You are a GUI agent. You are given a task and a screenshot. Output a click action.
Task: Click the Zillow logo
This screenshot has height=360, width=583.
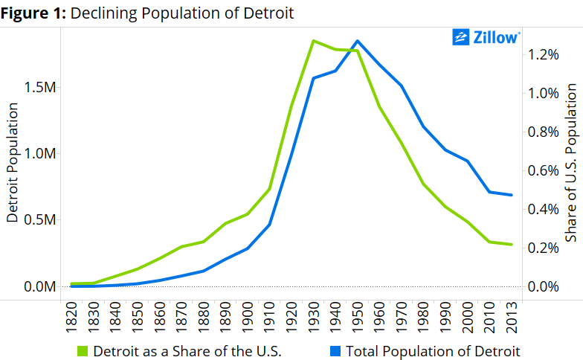[x=486, y=37]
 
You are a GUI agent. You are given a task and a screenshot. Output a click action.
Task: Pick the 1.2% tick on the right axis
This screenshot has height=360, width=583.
[x=544, y=54]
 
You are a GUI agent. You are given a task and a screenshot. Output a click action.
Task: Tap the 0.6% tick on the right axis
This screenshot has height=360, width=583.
[x=544, y=170]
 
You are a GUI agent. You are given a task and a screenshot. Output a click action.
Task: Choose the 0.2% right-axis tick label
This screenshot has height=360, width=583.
[x=544, y=248]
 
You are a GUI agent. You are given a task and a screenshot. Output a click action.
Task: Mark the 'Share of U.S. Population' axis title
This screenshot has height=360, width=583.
[x=571, y=162]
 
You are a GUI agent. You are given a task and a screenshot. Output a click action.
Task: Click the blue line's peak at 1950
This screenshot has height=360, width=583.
[x=358, y=41]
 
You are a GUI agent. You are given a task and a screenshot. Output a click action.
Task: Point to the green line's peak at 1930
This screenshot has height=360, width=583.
[x=314, y=41]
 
